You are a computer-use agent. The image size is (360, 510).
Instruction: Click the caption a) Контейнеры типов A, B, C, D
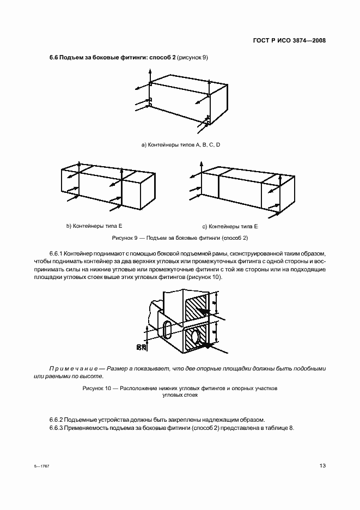point(180,144)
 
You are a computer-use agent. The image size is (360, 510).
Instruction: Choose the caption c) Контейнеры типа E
point(230,226)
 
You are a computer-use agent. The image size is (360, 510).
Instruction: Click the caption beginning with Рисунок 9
point(180,238)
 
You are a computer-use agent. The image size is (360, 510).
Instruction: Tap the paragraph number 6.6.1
point(57,254)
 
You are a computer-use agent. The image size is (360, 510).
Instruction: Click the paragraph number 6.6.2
point(57,419)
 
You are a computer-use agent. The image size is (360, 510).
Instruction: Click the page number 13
point(322,465)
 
